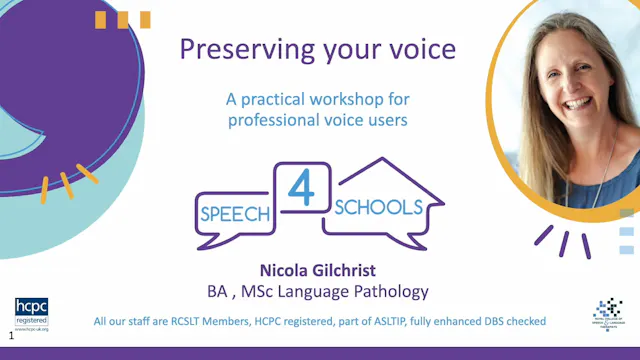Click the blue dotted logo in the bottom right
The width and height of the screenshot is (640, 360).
point(607,311)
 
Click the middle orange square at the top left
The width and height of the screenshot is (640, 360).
point(123,18)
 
